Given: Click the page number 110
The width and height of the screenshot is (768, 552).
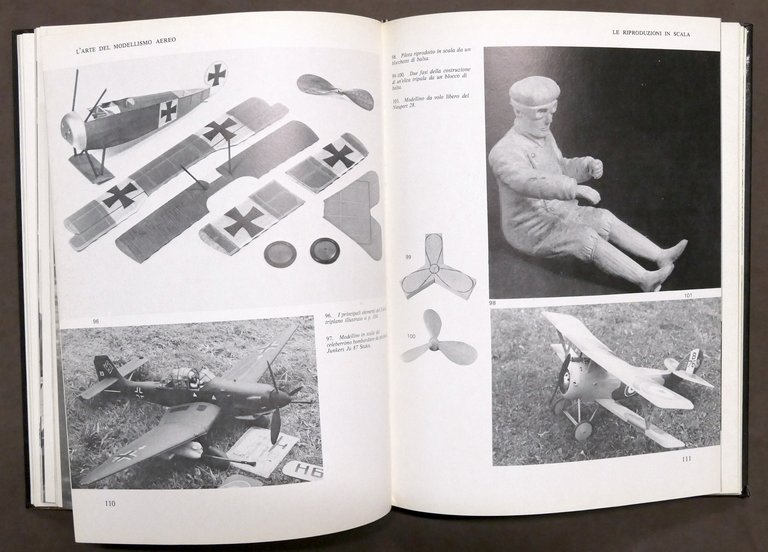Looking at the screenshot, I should coord(109,503).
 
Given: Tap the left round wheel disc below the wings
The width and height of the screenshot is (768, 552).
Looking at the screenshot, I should coord(281,252).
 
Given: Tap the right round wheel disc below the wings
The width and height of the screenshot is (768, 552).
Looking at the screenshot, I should coord(324,249).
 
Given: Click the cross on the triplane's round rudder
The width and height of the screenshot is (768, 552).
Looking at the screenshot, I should coord(216,73).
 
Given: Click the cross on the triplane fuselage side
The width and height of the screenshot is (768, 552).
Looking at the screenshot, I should coord(168,110).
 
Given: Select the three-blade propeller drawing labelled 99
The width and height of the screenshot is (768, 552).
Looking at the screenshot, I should coord(437,267).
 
